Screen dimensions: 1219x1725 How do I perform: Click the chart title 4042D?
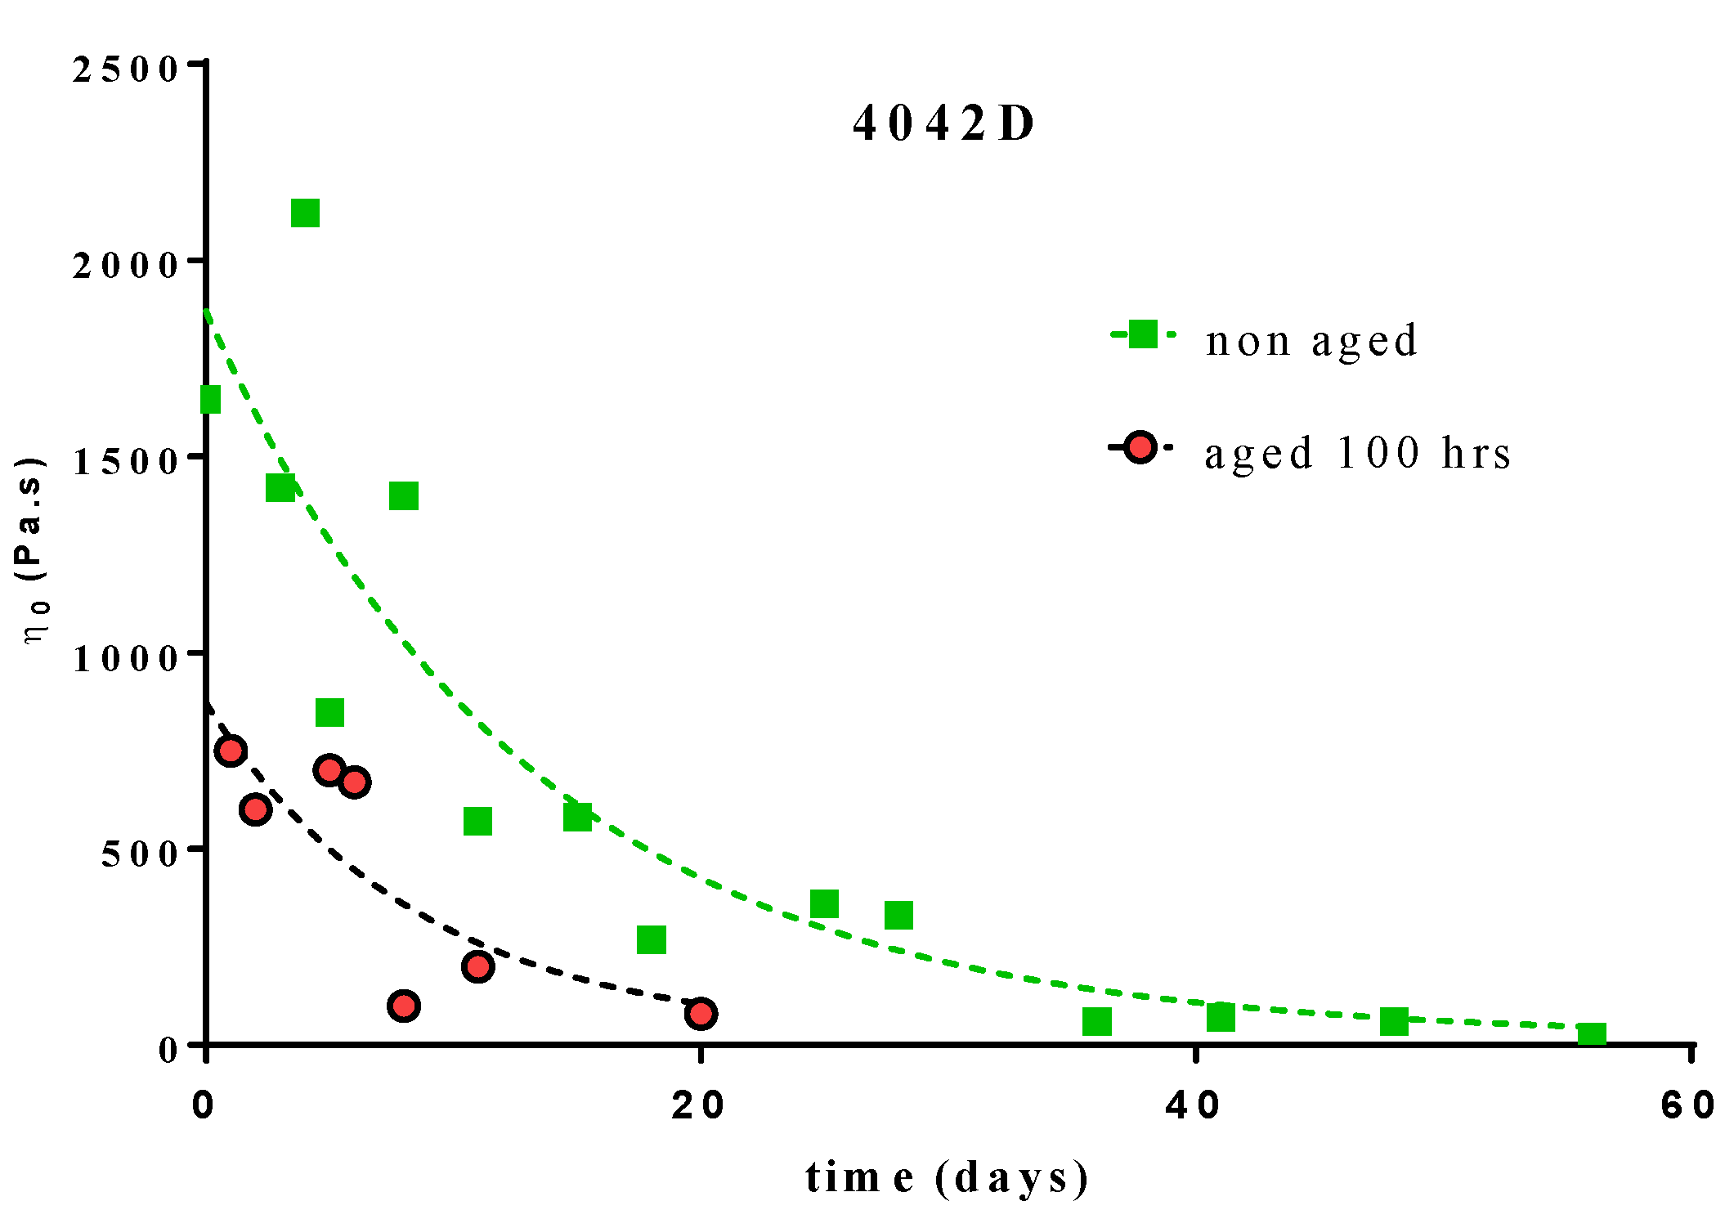(x=943, y=124)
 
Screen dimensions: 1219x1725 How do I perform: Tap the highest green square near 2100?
(x=305, y=213)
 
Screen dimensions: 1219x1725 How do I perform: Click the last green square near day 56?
(x=1591, y=1034)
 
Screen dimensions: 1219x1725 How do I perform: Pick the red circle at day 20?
(x=701, y=1014)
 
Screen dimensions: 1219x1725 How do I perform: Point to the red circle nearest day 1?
(x=231, y=751)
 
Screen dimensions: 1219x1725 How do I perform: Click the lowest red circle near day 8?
(x=404, y=1005)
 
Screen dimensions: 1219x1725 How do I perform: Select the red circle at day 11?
(x=477, y=967)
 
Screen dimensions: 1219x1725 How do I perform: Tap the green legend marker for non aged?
(x=1142, y=334)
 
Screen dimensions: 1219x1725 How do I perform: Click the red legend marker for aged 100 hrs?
(x=1140, y=447)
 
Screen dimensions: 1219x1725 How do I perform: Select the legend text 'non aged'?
(x=1311, y=340)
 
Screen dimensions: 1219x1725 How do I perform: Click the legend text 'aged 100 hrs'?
(x=1357, y=453)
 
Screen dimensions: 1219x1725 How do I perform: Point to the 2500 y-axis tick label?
(x=125, y=69)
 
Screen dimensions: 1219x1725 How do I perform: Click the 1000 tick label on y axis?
(x=125, y=658)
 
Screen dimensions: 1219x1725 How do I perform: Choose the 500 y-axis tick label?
(x=139, y=854)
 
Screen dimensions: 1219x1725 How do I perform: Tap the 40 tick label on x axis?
(x=1194, y=1105)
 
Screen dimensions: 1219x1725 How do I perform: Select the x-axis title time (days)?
(x=948, y=1177)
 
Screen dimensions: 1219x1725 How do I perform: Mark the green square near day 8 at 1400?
(x=404, y=495)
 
